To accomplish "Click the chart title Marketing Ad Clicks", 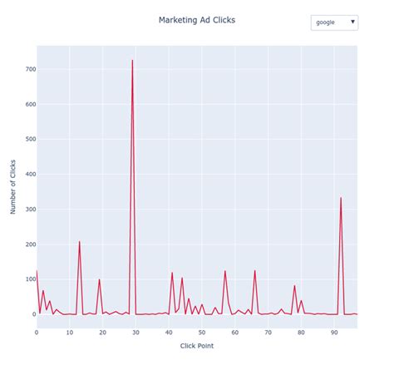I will tap(196, 20).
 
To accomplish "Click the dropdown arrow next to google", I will tap(352, 22).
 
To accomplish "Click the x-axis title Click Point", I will tap(197, 346).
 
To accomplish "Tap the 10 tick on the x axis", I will tap(70, 332).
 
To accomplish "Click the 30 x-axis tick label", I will tap(135, 332).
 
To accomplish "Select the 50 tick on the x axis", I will tap(202, 332).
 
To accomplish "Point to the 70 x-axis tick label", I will tap(268, 332).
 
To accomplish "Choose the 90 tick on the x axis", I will tap(334, 332).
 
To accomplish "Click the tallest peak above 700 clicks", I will tap(132, 60).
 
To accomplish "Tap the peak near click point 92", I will tap(341, 198).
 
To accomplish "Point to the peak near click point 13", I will tap(80, 242).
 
